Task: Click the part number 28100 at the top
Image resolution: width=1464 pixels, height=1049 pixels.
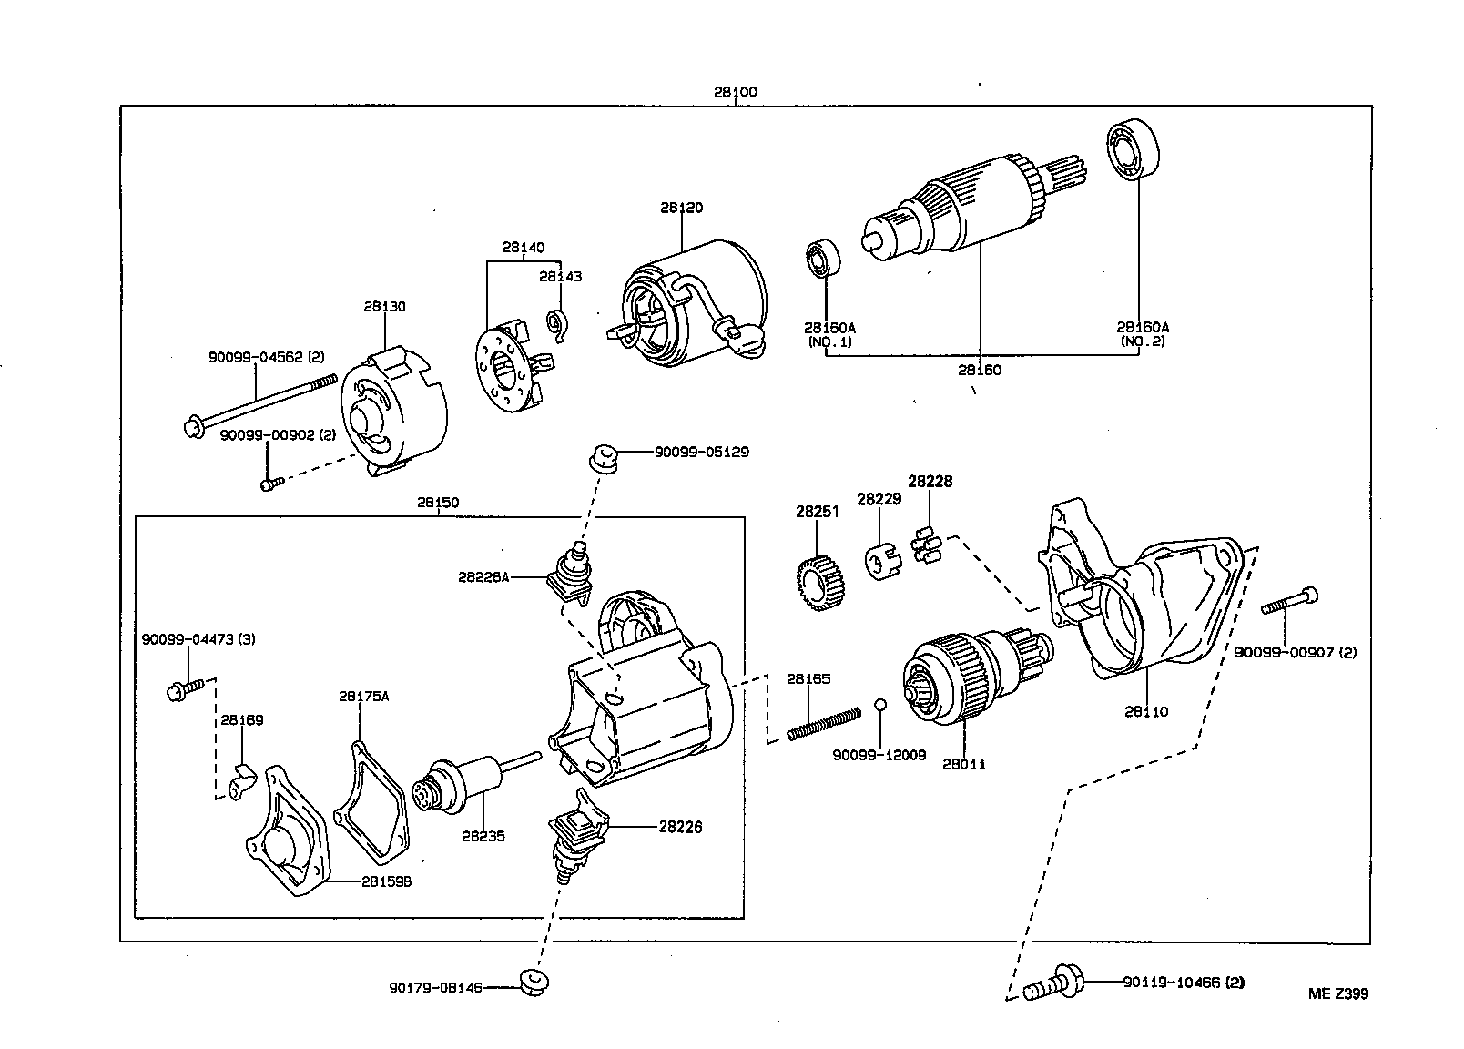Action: tap(735, 92)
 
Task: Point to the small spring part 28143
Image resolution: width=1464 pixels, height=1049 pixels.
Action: tap(557, 323)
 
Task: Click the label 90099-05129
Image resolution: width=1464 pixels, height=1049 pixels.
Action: tap(701, 452)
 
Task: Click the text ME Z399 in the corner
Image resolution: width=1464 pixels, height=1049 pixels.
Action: tap(1337, 993)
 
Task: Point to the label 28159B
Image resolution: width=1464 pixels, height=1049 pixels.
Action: tap(386, 881)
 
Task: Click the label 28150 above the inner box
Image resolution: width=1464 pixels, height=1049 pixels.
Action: tap(438, 502)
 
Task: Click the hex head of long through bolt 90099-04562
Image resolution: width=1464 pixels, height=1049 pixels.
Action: tap(193, 426)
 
